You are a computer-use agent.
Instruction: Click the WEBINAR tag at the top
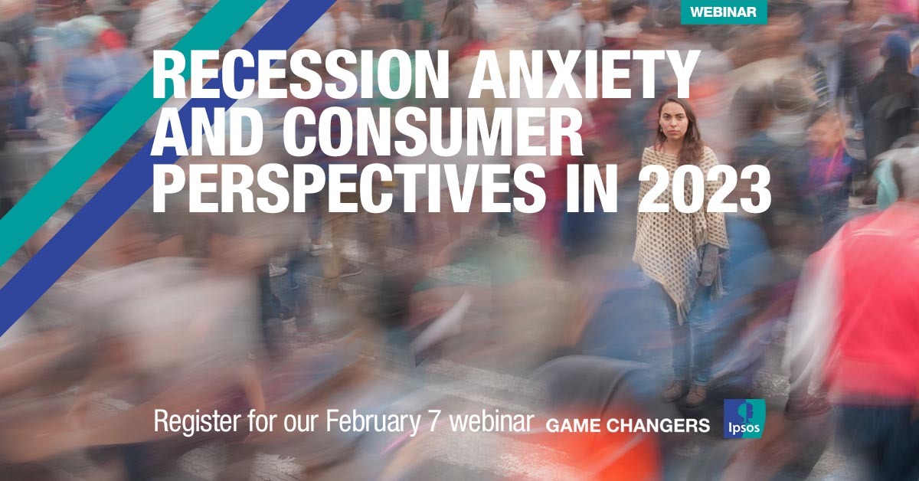[x=724, y=12]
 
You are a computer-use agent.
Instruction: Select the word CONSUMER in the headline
[x=433, y=131]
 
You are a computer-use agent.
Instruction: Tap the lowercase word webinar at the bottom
[x=491, y=421]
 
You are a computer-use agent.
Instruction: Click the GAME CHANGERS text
[x=628, y=425]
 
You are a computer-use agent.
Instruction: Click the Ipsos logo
[x=744, y=419]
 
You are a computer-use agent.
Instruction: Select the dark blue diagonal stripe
[x=164, y=169]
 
